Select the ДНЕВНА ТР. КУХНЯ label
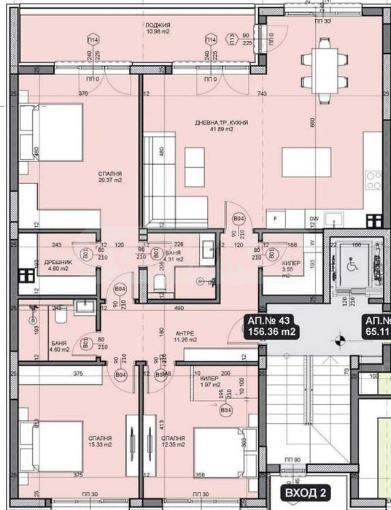(216, 123)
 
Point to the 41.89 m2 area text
(216, 130)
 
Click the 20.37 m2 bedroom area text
(110, 180)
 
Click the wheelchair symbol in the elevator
(347, 267)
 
